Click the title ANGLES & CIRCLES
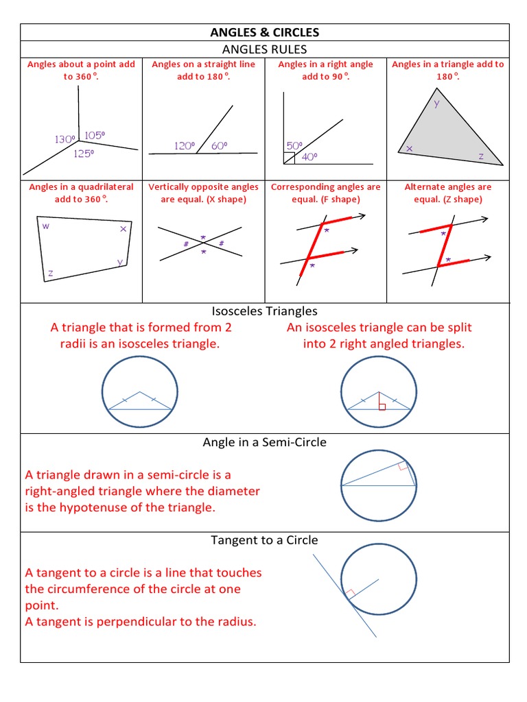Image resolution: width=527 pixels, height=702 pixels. click(x=264, y=32)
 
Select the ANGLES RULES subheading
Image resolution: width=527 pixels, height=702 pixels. click(x=264, y=49)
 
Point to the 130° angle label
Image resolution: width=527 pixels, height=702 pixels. click(x=65, y=139)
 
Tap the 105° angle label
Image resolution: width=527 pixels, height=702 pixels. click(x=95, y=136)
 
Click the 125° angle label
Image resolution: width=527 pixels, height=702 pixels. click(x=84, y=154)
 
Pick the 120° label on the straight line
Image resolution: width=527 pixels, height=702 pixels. click(x=185, y=145)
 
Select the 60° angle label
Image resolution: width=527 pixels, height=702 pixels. click(x=219, y=145)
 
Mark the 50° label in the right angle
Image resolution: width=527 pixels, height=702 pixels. click(x=294, y=145)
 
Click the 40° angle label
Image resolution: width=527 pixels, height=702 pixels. click(x=309, y=157)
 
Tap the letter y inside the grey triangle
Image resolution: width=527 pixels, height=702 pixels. click(x=436, y=105)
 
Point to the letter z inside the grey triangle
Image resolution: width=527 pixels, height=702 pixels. click(x=481, y=156)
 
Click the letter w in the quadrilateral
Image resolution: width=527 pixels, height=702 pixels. click(x=46, y=226)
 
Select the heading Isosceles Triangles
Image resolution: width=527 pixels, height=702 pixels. click(x=264, y=311)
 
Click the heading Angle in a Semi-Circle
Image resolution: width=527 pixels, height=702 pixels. click(x=264, y=442)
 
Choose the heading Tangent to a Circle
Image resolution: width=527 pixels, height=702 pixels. click(x=264, y=540)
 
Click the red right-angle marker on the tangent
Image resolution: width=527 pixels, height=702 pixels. click(x=350, y=594)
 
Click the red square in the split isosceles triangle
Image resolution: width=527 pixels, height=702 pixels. click(x=382, y=407)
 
